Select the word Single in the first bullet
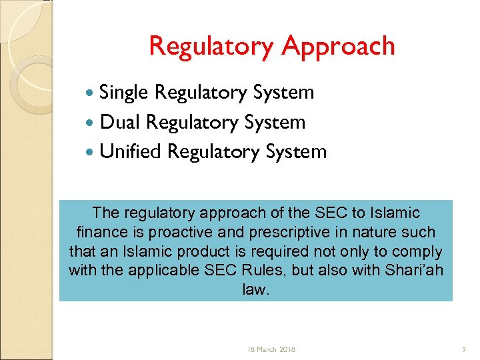pyautogui.click(x=123, y=92)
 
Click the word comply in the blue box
pyautogui.click(x=420, y=252)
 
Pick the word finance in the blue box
pyautogui.click(x=101, y=233)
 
